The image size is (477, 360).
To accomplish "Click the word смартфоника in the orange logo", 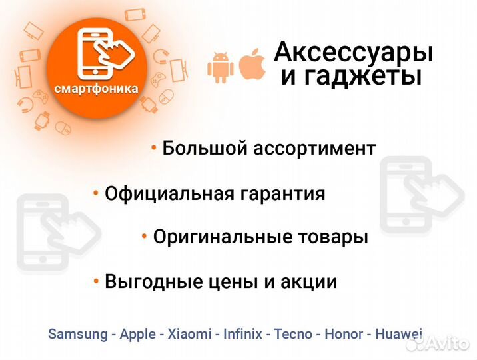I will click(97, 89).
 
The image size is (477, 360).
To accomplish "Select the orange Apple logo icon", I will click(252, 63).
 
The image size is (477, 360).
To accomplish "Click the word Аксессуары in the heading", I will click(354, 51).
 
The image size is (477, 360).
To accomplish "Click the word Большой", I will click(204, 148).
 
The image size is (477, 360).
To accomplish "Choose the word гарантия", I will click(283, 194).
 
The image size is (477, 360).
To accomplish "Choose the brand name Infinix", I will click(244, 334).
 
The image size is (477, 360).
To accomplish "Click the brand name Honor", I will click(344, 334).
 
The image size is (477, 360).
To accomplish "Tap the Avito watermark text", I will click(448, 344).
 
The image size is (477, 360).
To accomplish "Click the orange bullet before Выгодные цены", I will click(97, 281).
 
